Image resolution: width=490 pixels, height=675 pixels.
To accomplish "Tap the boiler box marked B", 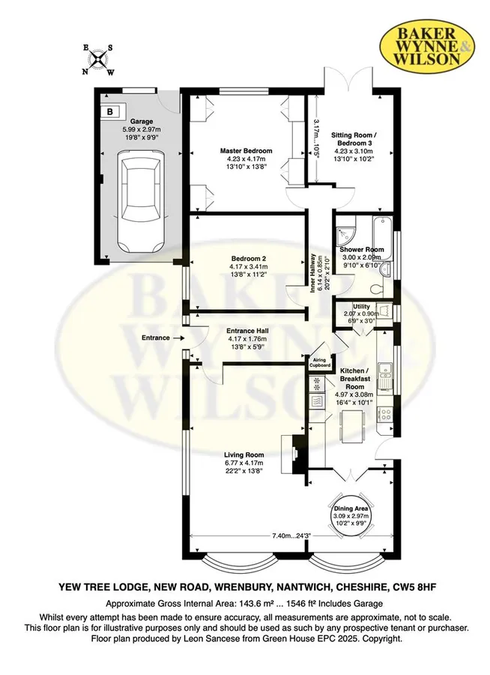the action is coord(109,112).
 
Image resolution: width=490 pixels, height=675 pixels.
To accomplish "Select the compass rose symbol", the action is coord(98,59).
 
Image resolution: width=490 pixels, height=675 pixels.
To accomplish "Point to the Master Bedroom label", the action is coord(246,151).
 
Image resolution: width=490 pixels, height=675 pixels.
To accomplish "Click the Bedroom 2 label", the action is coord(248,259).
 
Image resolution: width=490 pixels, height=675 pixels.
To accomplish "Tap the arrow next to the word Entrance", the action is coord(178,338).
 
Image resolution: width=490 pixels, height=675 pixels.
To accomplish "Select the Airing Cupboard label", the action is coord(320,362).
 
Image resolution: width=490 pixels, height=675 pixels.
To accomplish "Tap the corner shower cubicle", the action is coord(346,230).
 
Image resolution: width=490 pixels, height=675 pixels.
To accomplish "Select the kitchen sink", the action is coord(384,373).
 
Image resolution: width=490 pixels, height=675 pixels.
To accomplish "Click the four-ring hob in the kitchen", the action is coord(384,414).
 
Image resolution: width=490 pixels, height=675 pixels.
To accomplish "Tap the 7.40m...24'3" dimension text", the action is coord(291,536).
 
